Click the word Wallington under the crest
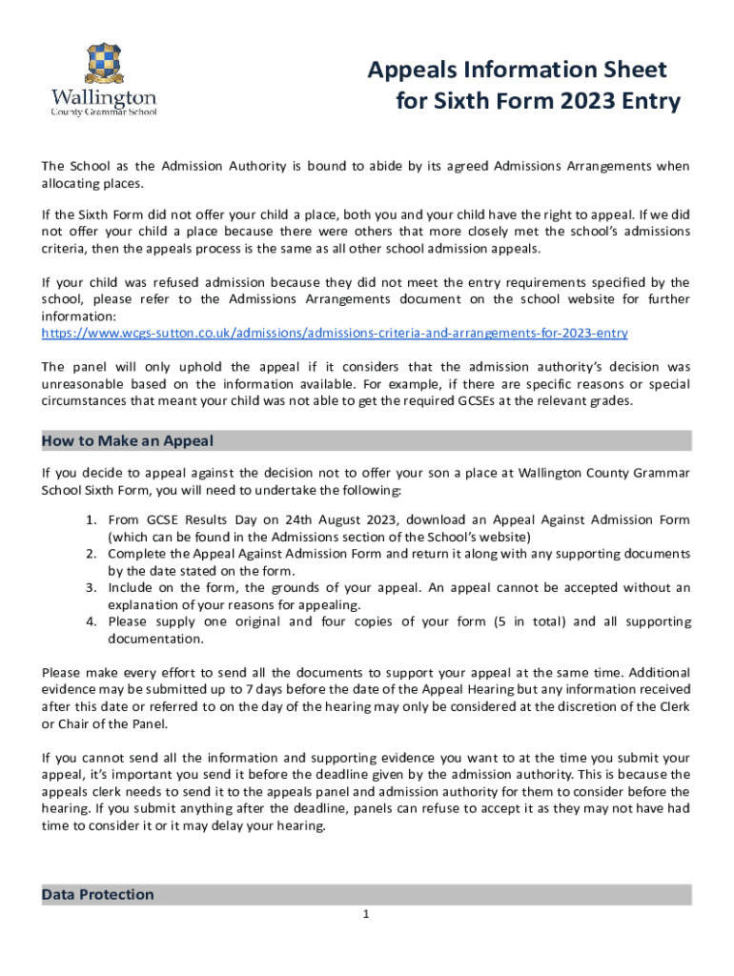point(103,97)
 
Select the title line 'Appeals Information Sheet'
point(518,70)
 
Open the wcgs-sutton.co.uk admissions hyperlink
point(335,334)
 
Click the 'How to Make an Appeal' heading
point(128,440)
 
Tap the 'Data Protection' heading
point(98,894)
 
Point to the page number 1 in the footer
point(365,916)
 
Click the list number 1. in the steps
point(92,519)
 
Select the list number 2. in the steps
point(92,554)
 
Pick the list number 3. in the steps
point(92,588)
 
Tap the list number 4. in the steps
point(92,622)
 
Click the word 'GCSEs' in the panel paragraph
point(508,400)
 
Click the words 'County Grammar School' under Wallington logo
point(103,112)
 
